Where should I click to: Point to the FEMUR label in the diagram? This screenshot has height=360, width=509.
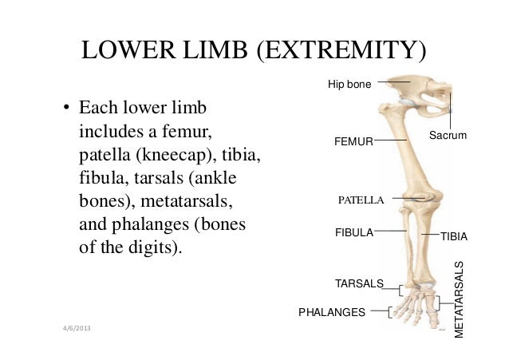tap(353, 141)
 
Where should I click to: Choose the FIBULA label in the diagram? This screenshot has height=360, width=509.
tap(353, 232)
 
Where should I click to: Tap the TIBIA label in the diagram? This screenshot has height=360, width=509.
tap(454, 237)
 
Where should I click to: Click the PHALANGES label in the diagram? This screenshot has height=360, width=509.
tap(332, 311)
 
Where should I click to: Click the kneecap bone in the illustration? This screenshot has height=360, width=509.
tap(414, 198)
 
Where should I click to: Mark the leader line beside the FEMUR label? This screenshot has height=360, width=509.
tap(389, 140)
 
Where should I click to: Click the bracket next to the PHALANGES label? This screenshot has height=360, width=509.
tap(389, 311)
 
